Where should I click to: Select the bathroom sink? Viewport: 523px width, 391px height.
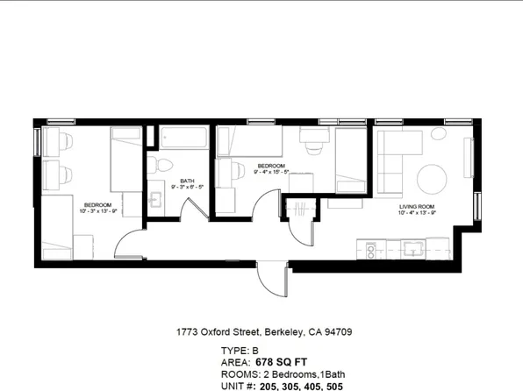[x=157, y=199]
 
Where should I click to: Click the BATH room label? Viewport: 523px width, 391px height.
[x=187, y=181]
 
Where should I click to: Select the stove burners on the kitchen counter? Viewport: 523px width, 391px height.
[x=370, y=250]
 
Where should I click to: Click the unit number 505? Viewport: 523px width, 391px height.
[x=333, y=385]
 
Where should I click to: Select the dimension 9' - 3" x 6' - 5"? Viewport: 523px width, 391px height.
[x=187, y=188]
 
